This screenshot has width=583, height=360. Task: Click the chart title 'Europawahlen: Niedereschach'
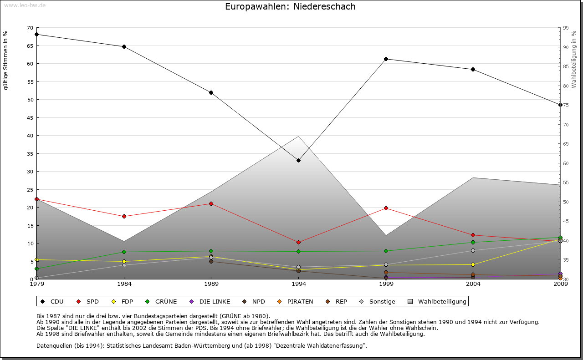pyautogui.click(x=290, y=7)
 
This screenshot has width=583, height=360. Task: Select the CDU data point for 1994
pyautogui.click(x=298, y=160)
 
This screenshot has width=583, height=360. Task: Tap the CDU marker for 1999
pyautogui.click(x=386, y=59)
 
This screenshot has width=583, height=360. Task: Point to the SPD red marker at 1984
pyautogui.click(x=124, y=216)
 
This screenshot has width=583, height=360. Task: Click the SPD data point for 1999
pyautogui.click(x=386, y=208)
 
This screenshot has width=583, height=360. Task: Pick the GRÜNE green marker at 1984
pyautogui.click(x=124, y=252)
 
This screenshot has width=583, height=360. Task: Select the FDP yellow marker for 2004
pyautogui.click(x=473, y=264)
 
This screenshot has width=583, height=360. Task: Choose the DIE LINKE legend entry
pyautogui.click(x=210, y=301)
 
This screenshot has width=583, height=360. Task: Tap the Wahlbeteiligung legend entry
pyautogui.click(x=438, y=301)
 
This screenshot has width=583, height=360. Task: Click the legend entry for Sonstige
pyautogui.click(x=378, y=301)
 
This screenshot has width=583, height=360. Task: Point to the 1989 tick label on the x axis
pyautogui.click(x=211, y=284)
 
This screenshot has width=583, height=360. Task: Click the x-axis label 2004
pyautogui.click(x=473, y=284)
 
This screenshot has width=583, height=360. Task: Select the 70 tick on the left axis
pyautogui.click(x=30, y=28)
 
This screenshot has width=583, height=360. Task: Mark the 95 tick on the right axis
pyautogui.click(x=566, y=28)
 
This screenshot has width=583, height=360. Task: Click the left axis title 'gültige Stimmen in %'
pyautogui.click(x=6, y=60)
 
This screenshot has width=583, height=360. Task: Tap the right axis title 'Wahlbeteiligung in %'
pyautogui.click(x=574, y=59)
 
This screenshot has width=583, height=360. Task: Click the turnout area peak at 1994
pyautogui.click(x=298, y=137)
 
